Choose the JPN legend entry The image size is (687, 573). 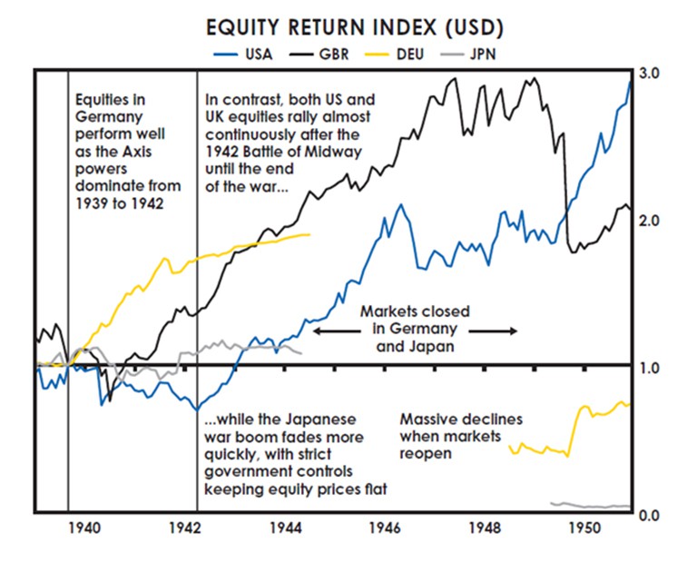tap(484, 54)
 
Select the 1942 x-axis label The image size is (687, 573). tap(185, 528)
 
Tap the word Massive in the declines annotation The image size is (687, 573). tap(427, 420)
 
